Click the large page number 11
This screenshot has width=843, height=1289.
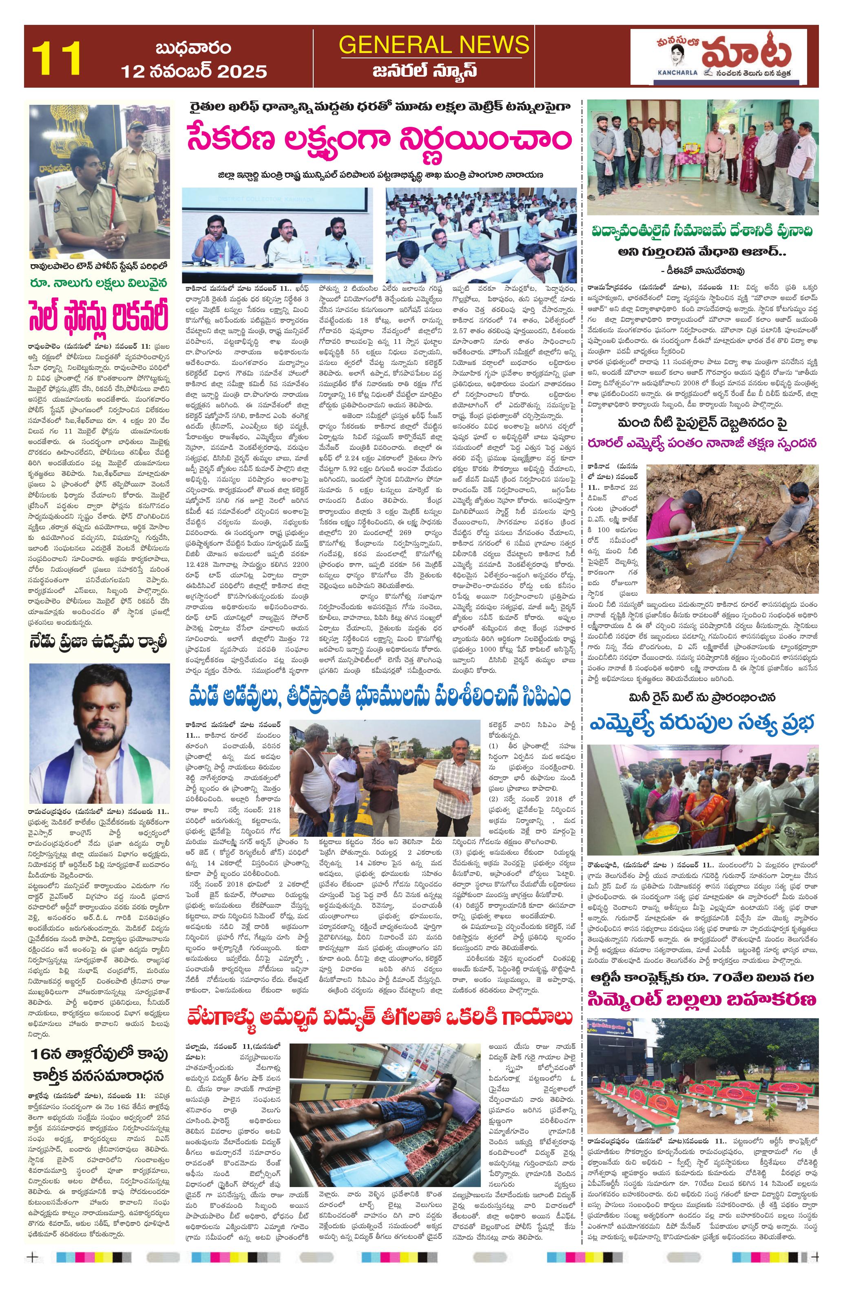tap(56, 57)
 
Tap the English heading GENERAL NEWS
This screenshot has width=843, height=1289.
tap(434, 44)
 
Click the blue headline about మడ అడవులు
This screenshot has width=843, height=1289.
tap(379, 696)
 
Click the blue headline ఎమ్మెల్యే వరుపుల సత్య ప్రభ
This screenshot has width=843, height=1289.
tap(702, 723)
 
